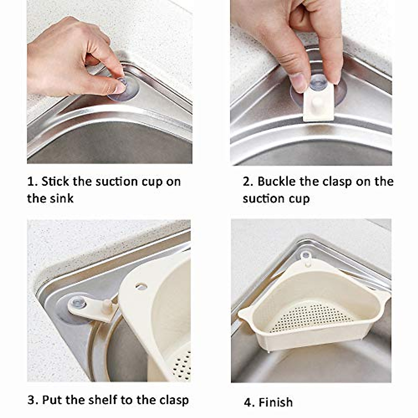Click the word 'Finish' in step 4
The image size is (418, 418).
[x=276, y=402]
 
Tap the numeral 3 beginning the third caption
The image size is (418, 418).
[x=32, y=400]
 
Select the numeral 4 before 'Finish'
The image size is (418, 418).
[x=248, y=403]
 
